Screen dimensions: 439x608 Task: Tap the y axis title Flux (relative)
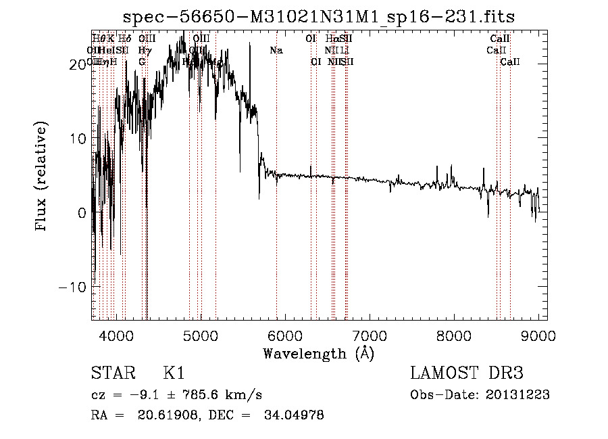click(x=42, y=177)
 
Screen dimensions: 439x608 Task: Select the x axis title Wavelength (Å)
click(x=318, y=353)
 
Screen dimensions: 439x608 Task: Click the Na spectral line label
click(x=276, y=51)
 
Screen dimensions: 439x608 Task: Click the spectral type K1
click(x=174, y=373)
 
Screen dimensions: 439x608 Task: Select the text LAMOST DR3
click(x=467, y=373)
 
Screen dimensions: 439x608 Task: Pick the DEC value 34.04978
click(x=293, y=415)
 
